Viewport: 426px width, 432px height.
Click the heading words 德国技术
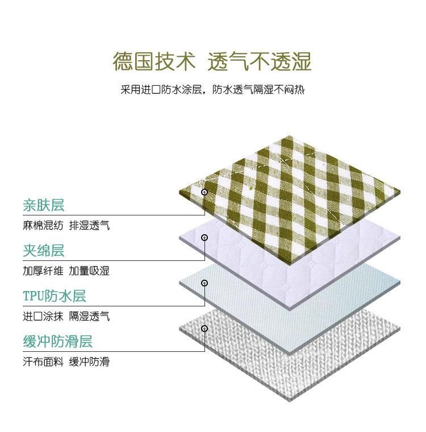[154, 61]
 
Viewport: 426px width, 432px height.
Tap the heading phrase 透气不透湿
[260, 61]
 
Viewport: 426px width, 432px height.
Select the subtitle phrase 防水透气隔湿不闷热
[259, 90]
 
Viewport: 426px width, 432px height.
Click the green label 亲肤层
[44, 205]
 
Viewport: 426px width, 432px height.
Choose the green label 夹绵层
[44, 250]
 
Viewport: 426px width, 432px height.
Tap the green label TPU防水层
[55, 296]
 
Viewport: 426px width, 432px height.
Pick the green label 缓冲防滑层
[57, 342]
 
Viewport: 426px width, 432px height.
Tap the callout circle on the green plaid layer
[204, 192]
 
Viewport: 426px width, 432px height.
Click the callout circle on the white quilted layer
[204, 238]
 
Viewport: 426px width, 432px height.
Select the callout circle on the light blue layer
[204, 283]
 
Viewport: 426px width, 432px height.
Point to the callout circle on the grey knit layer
[204, 329]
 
